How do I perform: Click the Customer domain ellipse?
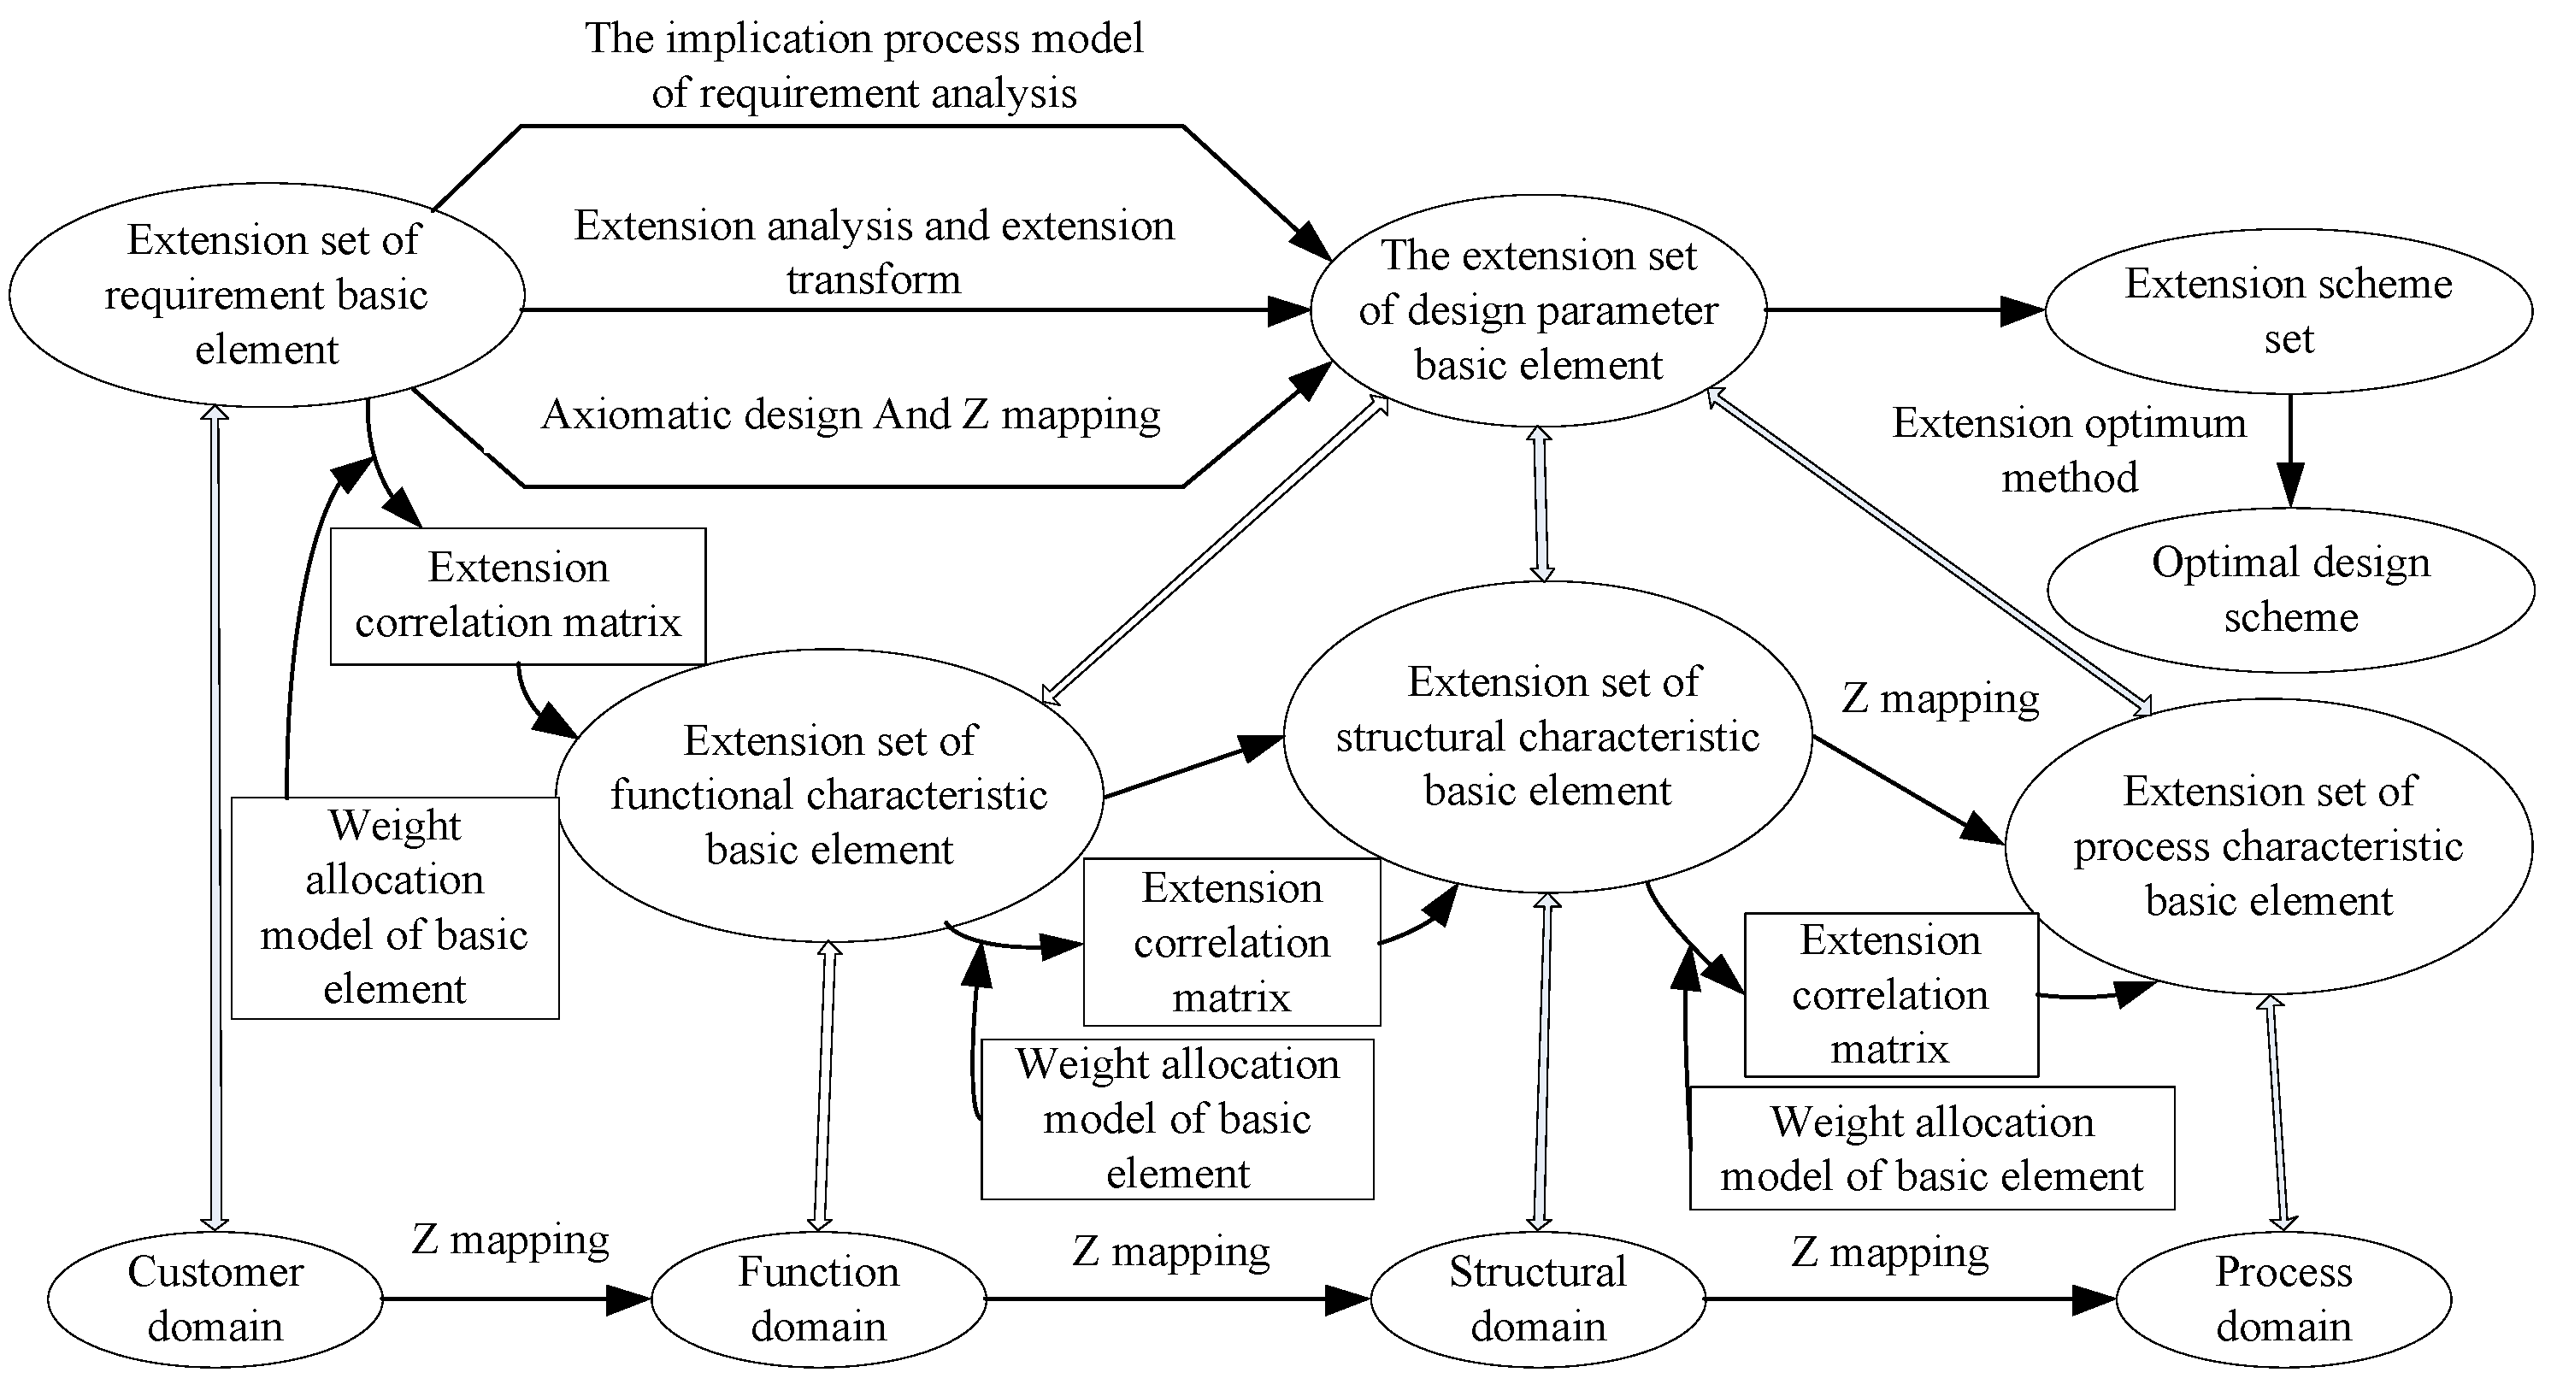(215, 1299)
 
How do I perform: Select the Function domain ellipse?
(818, 1299)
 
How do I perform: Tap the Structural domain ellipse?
(1538, 1299)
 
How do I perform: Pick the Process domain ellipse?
(2283, 1299)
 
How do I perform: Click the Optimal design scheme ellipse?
(2290, 590)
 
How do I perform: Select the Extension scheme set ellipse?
(2289, 311)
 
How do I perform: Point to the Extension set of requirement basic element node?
(267, 295)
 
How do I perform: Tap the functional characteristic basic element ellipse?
(830, 795)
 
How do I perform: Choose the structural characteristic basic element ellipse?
(1548, 737)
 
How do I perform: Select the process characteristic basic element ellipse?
(2269, 846)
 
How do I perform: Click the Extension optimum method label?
(2069, 451)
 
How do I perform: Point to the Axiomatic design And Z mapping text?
(851, 415)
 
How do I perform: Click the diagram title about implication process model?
(863, 65)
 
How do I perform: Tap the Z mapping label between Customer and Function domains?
(510, 1240)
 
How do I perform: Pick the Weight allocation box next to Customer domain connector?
(395, 908)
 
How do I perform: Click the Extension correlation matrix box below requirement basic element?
(518, 595)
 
